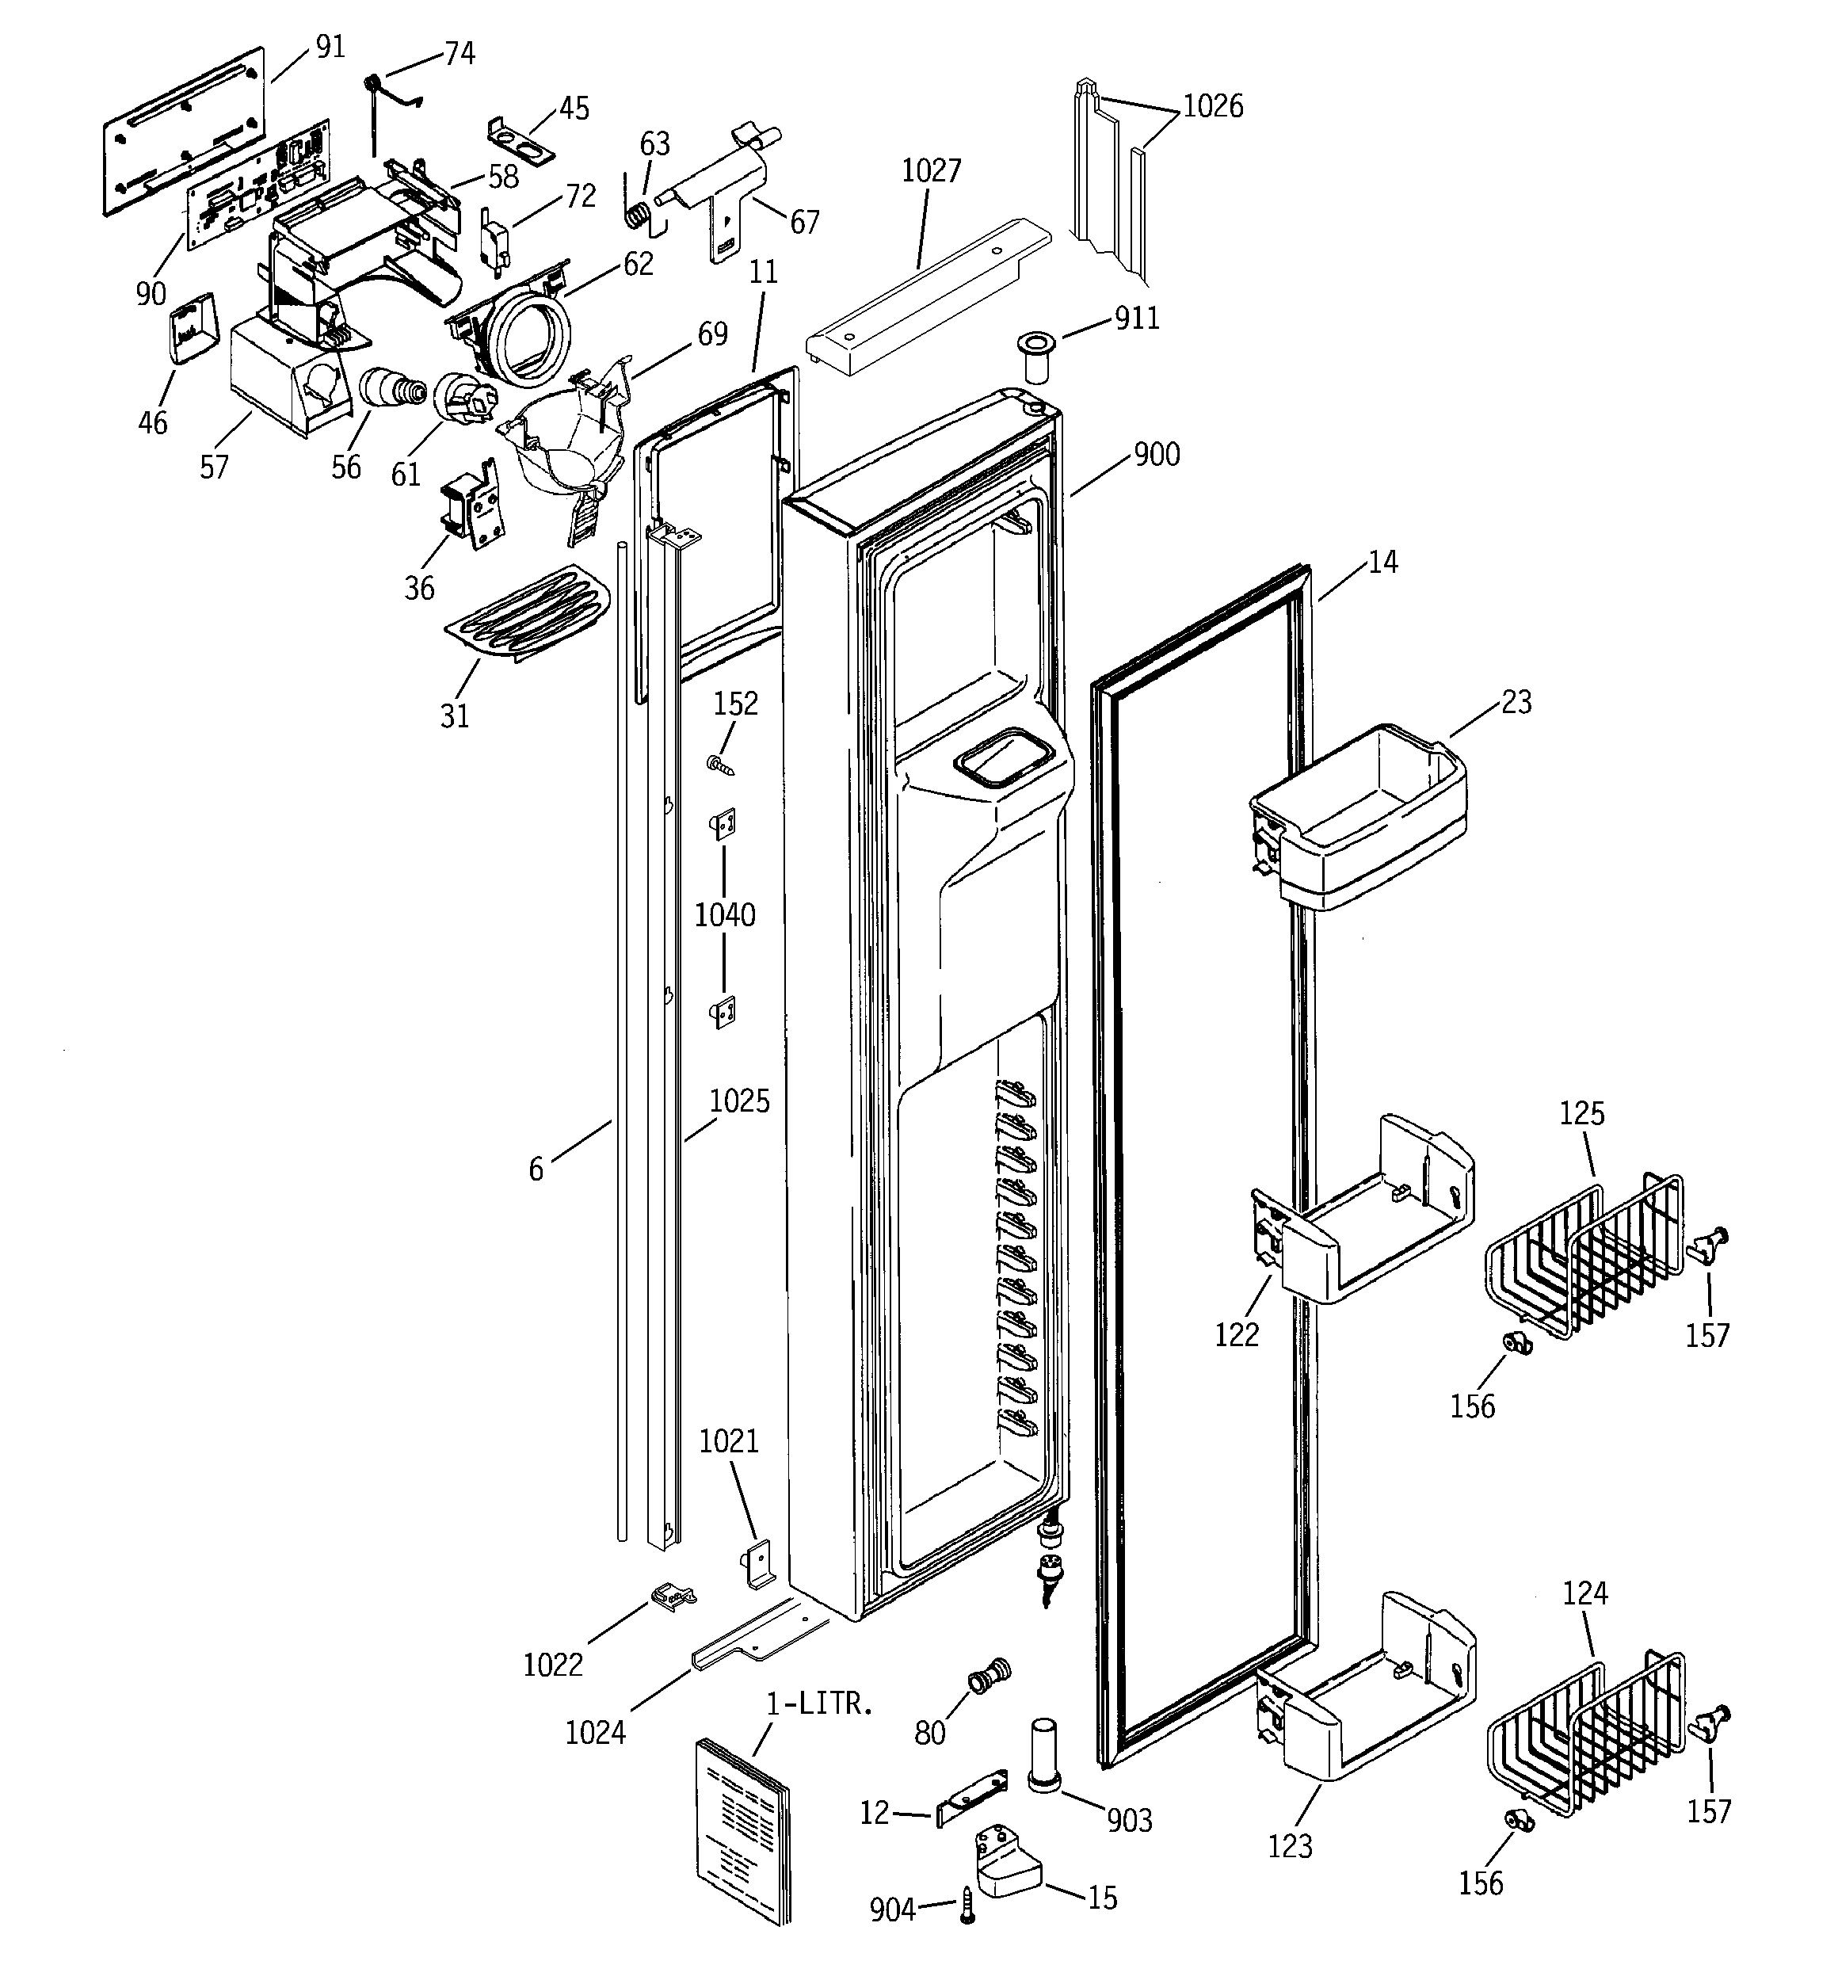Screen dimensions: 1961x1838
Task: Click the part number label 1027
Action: coord(930,170)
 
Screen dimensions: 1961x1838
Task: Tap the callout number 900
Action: coord(1156,455)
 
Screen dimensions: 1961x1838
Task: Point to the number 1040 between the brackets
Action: coord(724,915)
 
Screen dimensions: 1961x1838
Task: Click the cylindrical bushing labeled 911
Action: coord(1035,359)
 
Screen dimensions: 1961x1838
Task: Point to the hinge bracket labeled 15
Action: coord(1007,1860)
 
